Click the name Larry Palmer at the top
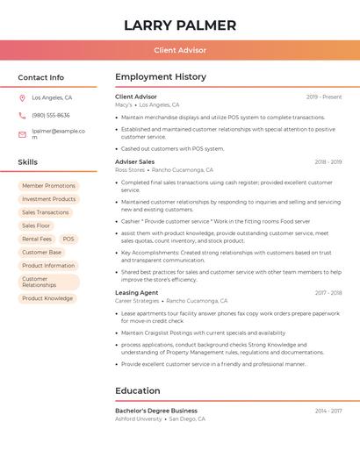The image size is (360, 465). click(180, 25)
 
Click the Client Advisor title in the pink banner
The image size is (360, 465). click(180, 51)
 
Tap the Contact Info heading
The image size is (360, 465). click(41, 77)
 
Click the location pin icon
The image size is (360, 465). click(22, 98)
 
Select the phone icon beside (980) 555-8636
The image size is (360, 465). click(22, 116)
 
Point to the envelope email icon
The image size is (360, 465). click(22, 134)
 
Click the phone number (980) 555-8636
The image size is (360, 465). click(51, 116)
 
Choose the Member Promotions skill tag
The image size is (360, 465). click(48, 186)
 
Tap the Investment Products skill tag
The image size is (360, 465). click(48, 199)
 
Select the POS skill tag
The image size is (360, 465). click(68, 239)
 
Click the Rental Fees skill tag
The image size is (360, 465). click(37, 239)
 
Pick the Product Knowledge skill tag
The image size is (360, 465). click(47, 298)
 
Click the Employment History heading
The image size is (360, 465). click(161, 77)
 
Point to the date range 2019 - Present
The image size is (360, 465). click(324, 97)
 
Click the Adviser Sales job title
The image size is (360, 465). click(134, 161)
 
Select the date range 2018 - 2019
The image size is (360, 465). click(328, 162)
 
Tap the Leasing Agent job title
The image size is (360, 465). click(137, 292)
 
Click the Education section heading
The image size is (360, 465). click(138, 391)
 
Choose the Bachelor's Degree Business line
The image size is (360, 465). click(156, 411)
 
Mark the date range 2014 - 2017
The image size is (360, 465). click(328, 411)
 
